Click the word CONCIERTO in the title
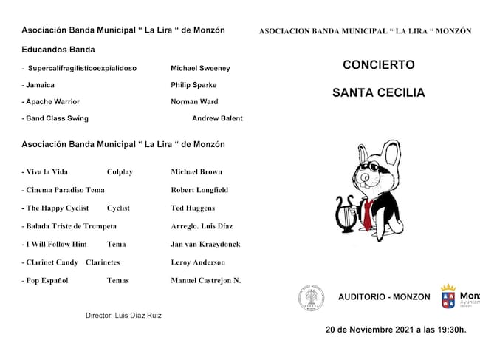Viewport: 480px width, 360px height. tap(378, 65)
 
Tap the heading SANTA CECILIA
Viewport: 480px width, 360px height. tap(378, 93)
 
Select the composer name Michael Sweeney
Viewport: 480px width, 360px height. tap(200, 68)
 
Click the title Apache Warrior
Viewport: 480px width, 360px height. tap(52, 102)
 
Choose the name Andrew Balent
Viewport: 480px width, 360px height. tap(217, 118)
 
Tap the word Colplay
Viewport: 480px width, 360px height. tap(120, 172)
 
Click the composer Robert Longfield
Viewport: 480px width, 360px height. tap(199, 190)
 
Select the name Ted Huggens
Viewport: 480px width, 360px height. tap(193, 208)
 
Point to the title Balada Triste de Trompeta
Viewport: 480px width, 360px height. tap(69, 226)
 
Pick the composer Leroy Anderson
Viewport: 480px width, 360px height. tap(199, 262)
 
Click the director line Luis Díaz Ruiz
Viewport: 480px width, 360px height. tap(123, 316)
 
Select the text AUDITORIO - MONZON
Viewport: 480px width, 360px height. tap(384, 297)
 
